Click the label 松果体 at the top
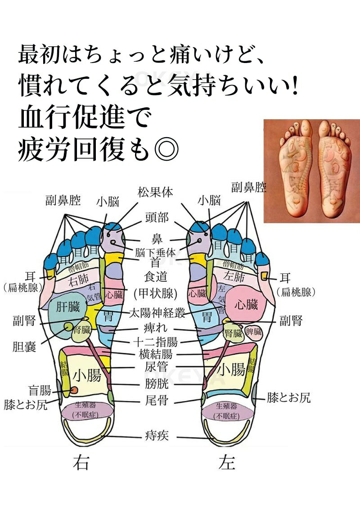click(155, 192)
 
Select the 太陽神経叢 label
click(157, 313)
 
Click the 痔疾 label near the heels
click(157, 435)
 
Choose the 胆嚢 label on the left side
click(24, 347)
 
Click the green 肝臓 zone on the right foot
click(68, 308)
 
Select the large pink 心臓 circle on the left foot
click(246, 305)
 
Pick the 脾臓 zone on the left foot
click(254, 333)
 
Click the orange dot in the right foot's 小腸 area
click(74, 389)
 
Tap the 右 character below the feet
click(81, 463)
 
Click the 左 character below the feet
click(227, 463)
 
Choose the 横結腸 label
click(155, 354)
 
